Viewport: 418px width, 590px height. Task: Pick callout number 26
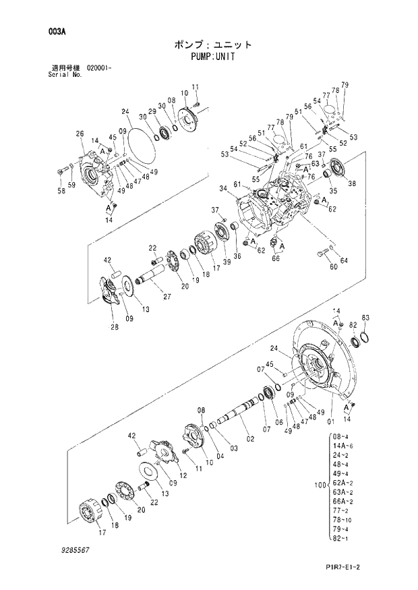80,134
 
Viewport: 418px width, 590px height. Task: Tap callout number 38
353,182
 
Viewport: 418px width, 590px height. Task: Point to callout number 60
314,267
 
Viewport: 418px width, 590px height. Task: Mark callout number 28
115,328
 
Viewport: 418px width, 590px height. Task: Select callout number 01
330,422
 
